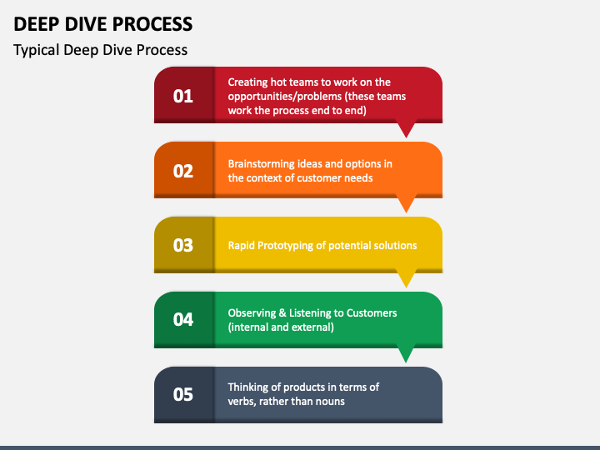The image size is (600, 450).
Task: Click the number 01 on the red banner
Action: pos(182,96)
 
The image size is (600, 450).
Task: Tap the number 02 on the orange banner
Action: pos(182,171)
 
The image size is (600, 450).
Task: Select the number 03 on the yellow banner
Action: pos(182,245)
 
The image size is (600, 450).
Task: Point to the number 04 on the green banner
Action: pos(182,319)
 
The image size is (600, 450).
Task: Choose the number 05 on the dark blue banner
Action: pos(182,394)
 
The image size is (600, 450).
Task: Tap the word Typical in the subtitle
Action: pos(37,50)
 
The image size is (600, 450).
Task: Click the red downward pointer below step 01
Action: pos(406,130)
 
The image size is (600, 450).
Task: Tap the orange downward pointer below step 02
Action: pos(406,205)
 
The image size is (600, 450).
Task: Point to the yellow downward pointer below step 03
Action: pos(406,280)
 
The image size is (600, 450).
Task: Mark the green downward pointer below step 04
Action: pos(406,355)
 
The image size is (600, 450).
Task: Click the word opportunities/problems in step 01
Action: pos(285,97)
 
